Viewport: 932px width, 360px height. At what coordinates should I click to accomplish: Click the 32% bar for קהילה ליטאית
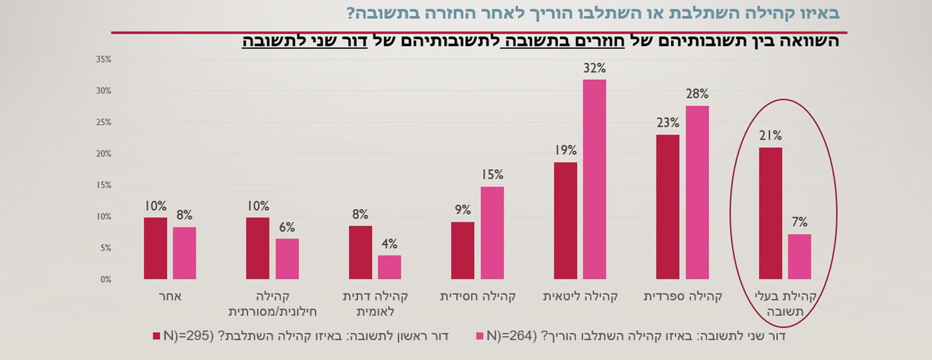(x=594, y=179)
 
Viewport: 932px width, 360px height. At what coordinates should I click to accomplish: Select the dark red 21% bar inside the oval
(x=770, y=213)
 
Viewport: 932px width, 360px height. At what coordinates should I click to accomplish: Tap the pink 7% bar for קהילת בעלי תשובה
(x=800, y=256)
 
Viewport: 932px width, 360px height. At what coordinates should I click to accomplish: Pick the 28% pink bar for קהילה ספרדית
(x=697, y=192)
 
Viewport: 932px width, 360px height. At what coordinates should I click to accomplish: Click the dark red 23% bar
(x=668, y=207)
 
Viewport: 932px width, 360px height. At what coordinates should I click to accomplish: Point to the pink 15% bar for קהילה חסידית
(x=492, y=232)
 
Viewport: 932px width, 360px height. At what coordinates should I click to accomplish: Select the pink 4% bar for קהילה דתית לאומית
(x=389, y=267)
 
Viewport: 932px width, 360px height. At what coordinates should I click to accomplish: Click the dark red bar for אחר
(x=155, y=248)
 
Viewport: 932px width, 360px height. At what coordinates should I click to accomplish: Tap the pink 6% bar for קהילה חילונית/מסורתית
(x=287, y=259)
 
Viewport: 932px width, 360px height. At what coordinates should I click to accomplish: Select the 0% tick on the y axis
(x=105, y=279)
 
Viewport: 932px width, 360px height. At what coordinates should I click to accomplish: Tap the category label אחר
(x=170, y=296)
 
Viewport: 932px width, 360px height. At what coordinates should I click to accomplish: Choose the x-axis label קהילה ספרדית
(x=682, y=296)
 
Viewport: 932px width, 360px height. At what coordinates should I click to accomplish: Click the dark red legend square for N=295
(x=156, y=335)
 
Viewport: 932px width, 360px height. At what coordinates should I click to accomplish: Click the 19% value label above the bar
(x=565, y=150)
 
